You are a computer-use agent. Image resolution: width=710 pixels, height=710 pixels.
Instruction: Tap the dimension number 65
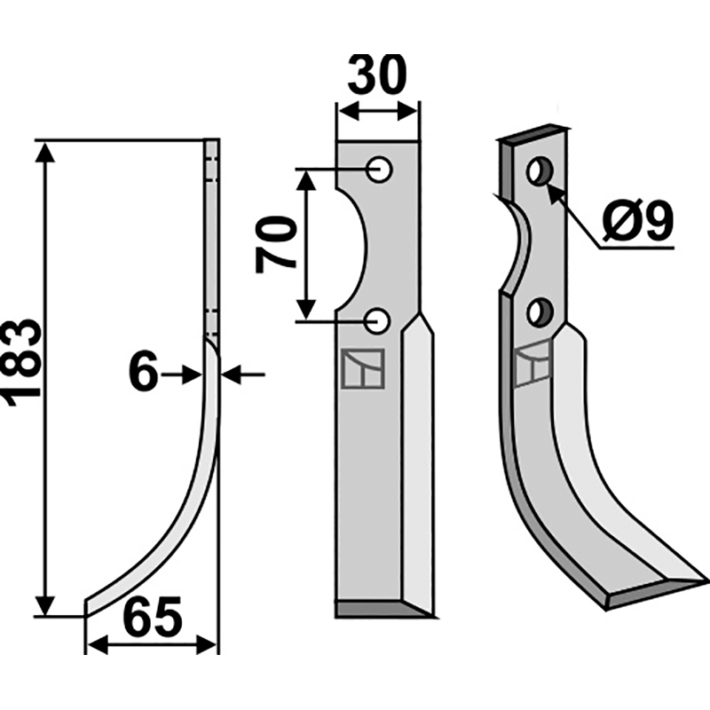click(153, 616)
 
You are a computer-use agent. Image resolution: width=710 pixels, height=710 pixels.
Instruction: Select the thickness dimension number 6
click(144, 373)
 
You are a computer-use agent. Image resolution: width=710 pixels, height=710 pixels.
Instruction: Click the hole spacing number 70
click(275, 245)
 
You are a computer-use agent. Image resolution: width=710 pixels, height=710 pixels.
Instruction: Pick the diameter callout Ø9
click(638, 220)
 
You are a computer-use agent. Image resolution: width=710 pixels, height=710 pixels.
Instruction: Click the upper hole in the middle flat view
click(379, 170)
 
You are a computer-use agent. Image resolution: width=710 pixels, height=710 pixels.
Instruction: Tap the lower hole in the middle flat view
click(377, 321)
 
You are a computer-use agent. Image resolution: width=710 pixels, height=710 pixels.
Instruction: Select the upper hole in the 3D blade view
click(540, 171)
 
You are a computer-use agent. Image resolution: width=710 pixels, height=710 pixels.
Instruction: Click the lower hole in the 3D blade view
click(540, 312)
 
